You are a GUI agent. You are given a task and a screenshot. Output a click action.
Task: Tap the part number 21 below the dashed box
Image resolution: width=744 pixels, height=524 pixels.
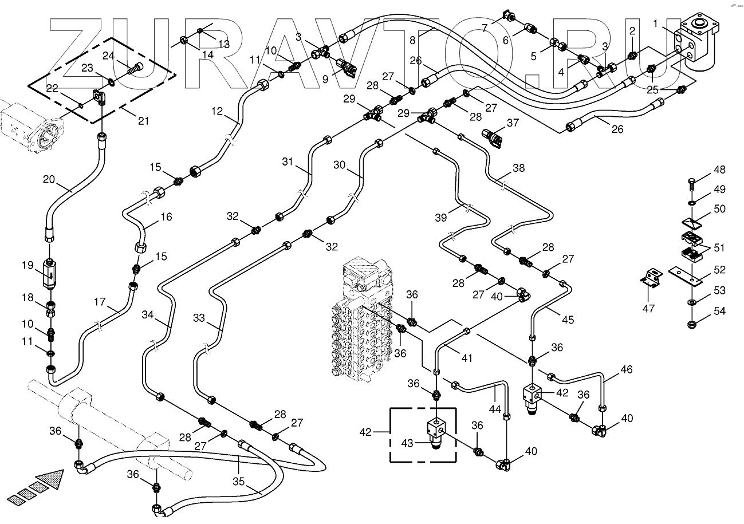point(143,121)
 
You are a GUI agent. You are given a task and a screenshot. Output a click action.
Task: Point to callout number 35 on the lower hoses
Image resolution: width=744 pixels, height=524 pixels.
point(237,482)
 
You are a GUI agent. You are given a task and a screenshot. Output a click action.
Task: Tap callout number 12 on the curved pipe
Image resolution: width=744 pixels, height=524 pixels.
point(216,112)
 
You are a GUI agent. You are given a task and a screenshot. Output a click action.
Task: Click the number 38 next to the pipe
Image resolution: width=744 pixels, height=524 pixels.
point(518,169)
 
